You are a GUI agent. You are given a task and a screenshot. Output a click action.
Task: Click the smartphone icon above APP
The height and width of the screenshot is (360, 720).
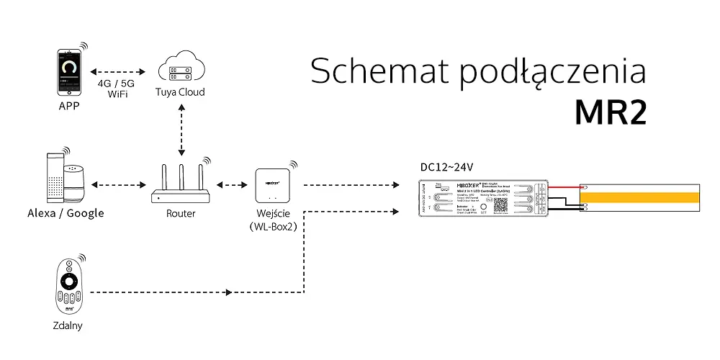(69, 72)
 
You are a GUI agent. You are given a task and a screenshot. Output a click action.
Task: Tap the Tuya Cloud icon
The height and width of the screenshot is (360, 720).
(181, 68)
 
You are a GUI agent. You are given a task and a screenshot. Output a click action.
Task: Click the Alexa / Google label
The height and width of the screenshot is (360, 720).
(66, 213)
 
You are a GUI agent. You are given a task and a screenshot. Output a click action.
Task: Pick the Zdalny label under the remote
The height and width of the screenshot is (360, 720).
(68, 325)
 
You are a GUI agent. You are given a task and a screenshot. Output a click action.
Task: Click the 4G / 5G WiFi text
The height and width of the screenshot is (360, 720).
(116, 88)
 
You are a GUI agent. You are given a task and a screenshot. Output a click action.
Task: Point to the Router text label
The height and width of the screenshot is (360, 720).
(181, 214)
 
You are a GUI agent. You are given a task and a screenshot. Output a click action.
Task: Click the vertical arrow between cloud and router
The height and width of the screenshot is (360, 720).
(181, 130)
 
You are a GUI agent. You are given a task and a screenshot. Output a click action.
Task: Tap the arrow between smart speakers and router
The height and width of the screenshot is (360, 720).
(119, 186)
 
